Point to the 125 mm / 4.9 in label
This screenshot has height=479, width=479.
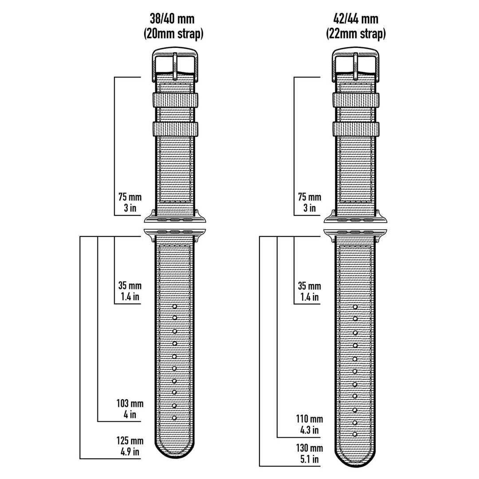(x=130, y=446)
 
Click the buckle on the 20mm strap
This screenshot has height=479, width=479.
(x=175, y=62)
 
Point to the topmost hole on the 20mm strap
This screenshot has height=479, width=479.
(x=174, y=306)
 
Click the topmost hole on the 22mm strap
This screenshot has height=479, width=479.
(x=355, y=307)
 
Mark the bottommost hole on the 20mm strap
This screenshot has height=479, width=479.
(x=174, y=418)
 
